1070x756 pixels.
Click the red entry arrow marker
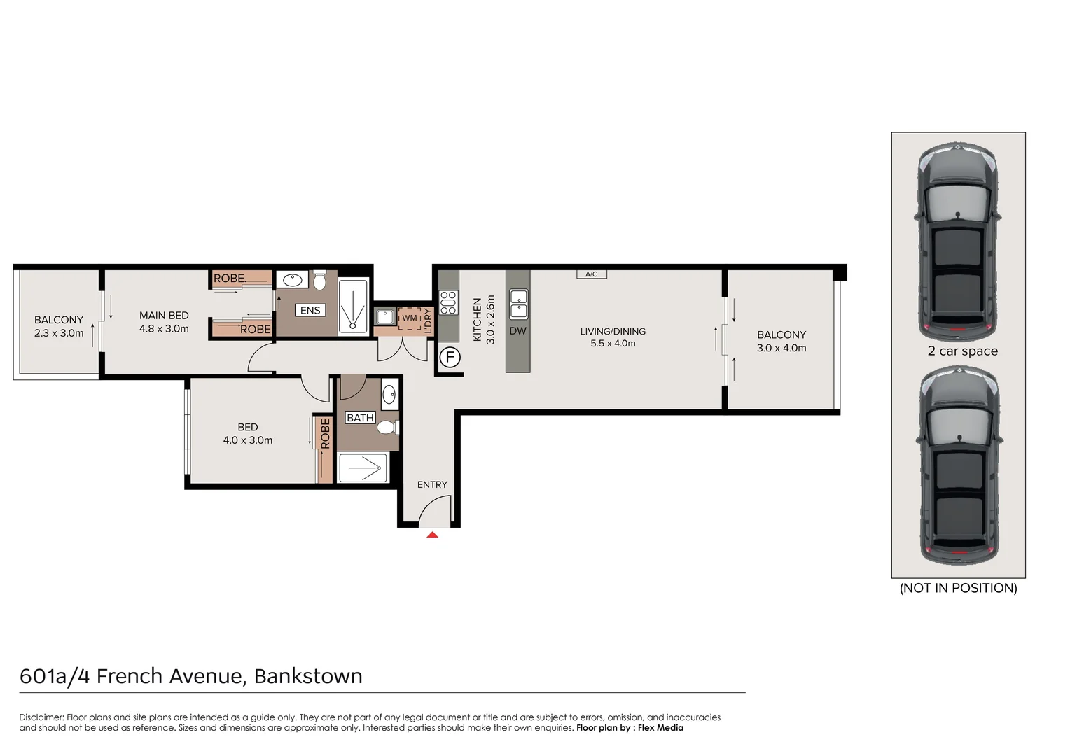(x=432, y=535)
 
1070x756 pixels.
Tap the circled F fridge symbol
(x=450, y=358)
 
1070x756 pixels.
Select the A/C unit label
(x=591, y=274)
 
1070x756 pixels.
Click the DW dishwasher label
(x=517, y=331)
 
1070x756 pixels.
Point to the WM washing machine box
(x=410, y=318)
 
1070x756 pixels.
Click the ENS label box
(x=310, y=310)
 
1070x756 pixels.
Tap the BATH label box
(x=360, y=418)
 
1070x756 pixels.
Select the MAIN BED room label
(x=164, y=316)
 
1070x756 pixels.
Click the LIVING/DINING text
(x=613, y=331)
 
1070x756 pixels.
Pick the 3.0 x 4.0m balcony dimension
(x=781, y=348)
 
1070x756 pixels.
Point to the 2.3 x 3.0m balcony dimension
(x=59, y=333)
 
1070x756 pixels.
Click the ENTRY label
(x=432, y=484)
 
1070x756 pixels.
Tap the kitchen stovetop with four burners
(x=448, y=303)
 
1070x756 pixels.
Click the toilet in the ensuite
(x=319, y=281)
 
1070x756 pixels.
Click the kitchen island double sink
(x=518, y=304)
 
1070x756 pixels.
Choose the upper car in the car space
(x=957, y=241)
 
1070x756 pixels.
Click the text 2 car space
(x=962, y=351)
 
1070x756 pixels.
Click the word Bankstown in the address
(x=308, y=676)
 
